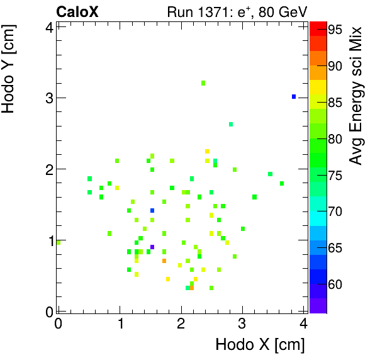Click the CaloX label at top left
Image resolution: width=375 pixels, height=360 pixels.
coord(77,11)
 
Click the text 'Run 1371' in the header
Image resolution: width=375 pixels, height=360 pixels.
coord(191,11)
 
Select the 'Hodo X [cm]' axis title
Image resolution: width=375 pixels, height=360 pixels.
coord(260,345)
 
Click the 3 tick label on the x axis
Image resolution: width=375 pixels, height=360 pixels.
coord(242,324)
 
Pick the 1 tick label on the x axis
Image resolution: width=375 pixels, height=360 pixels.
coord(120,324)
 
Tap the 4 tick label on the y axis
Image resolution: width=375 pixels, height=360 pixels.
coord(48,26)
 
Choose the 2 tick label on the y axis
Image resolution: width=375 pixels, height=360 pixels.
coord(48,169)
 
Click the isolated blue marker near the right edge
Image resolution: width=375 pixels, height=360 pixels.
coord(294,96)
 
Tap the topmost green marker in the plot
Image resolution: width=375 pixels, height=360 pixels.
coord(203,83)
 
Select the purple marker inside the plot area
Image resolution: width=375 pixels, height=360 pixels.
coord(152,247)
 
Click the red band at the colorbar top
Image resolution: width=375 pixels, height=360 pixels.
coord(318,25)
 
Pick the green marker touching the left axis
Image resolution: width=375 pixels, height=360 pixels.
coord(59,242)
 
